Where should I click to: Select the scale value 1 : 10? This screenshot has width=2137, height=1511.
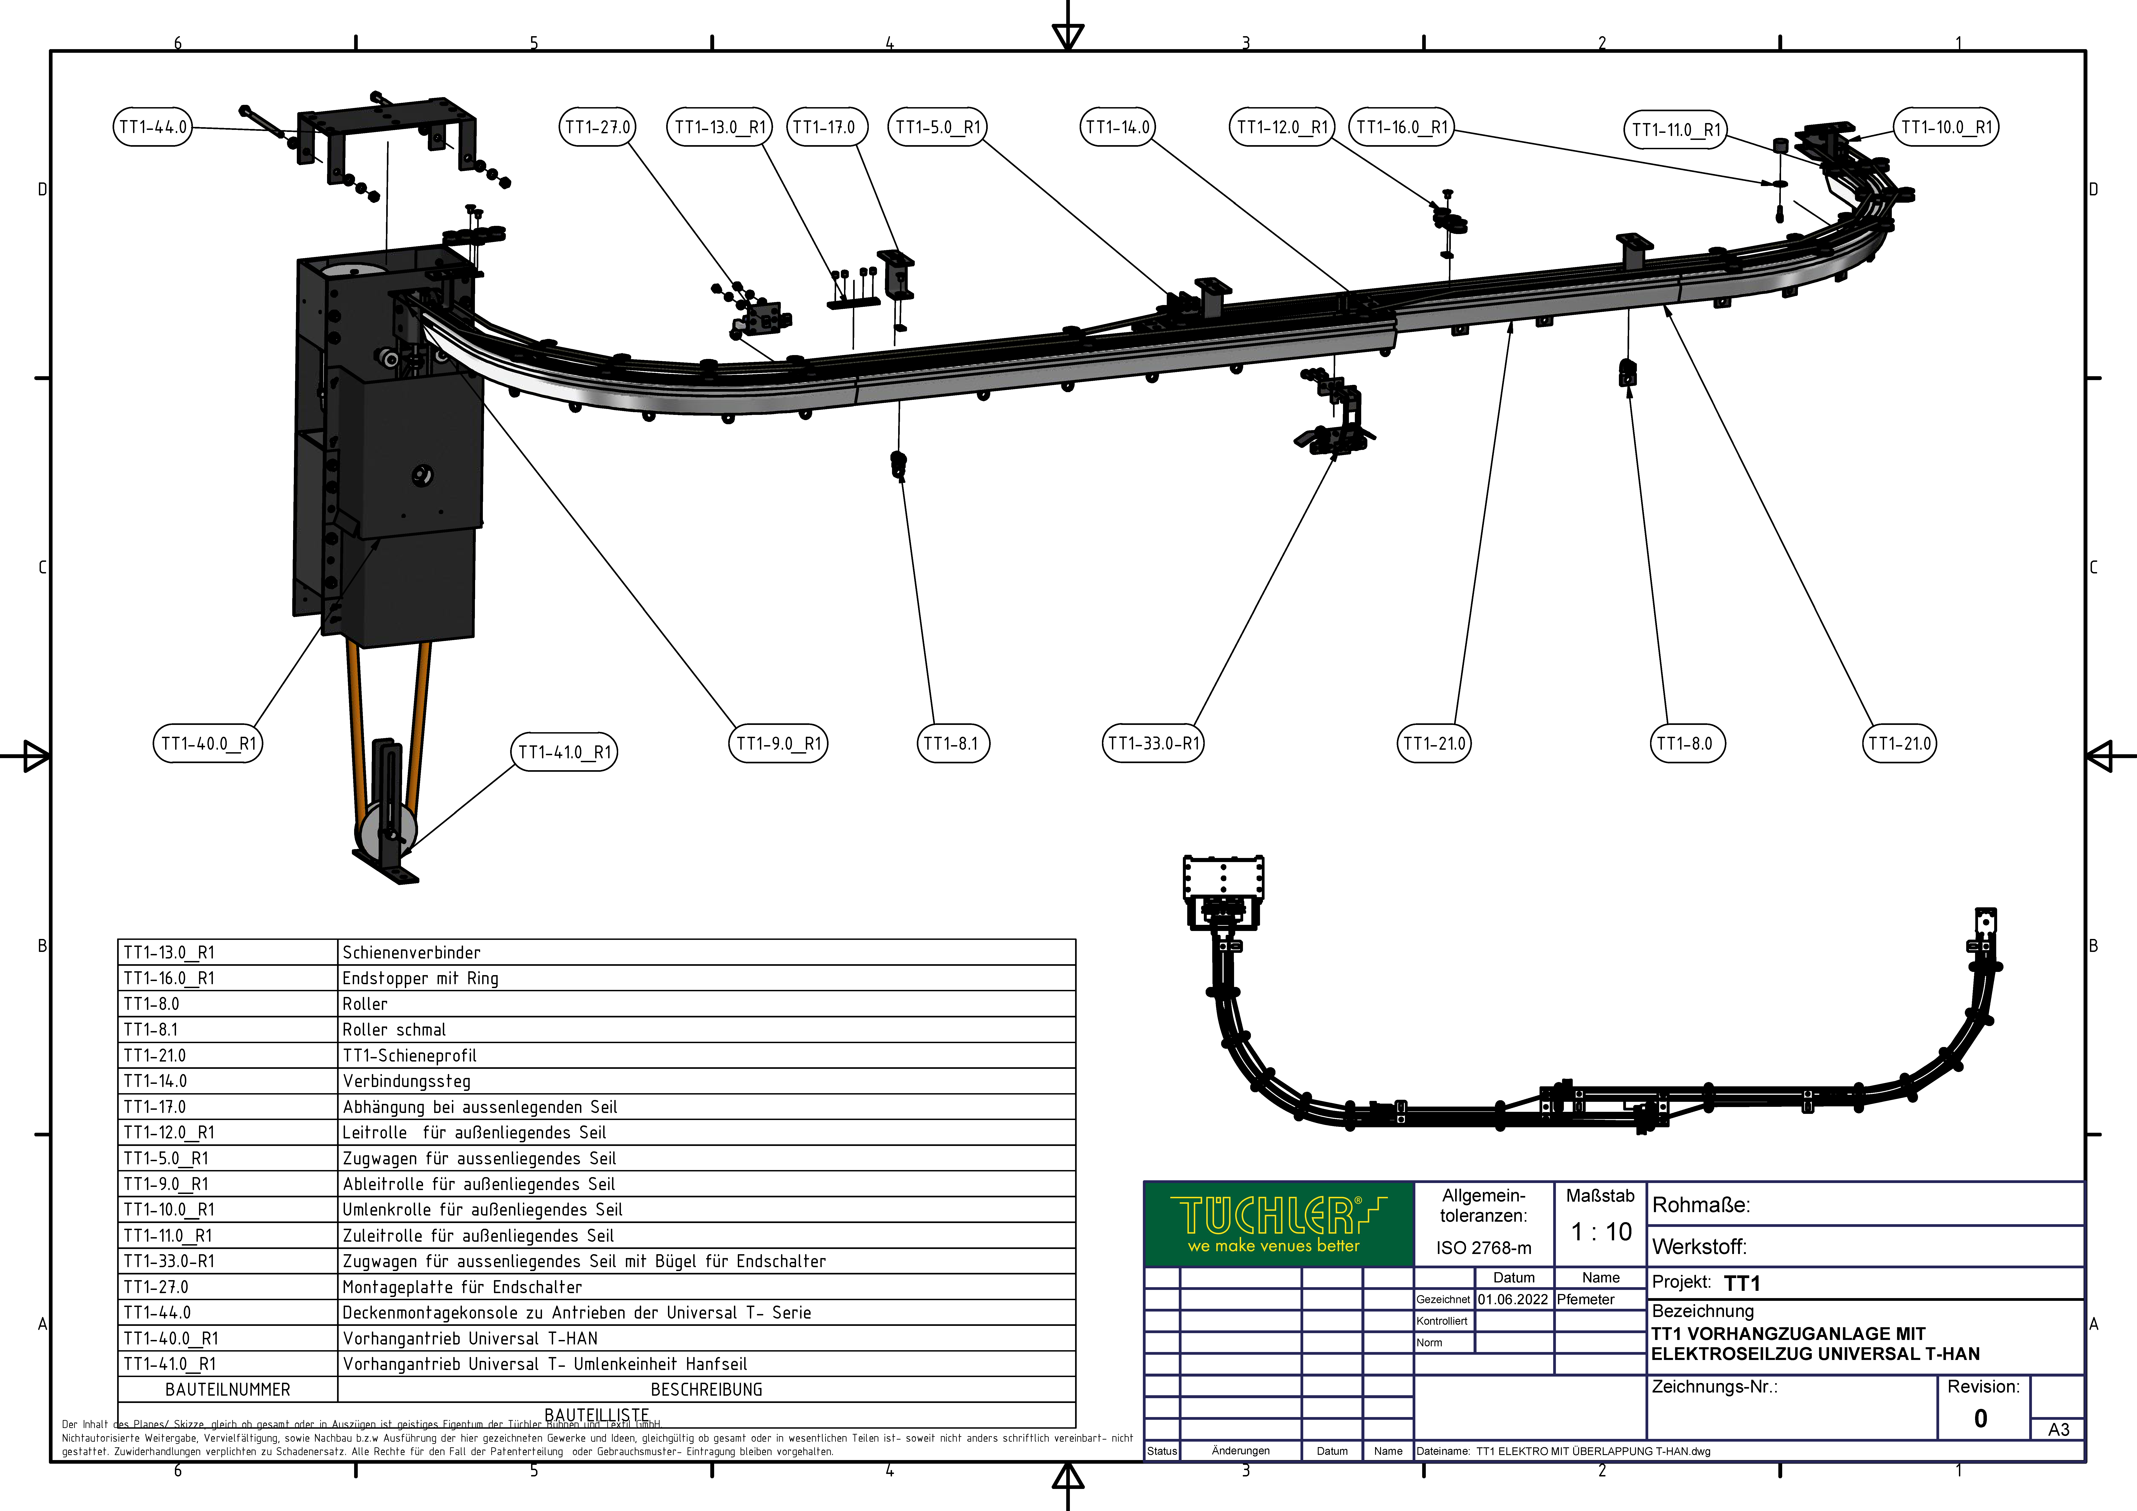tap(1601, 1232)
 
